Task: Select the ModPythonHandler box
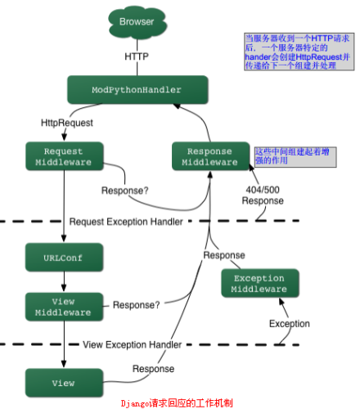click(x=136, y=89)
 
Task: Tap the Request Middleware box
click(x=64, y=156)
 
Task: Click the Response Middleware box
click(x=210, y=156)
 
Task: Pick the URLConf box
click(x=64, y=258)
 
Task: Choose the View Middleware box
click(x=64, y=305)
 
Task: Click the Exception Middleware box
click(x=259, y=284)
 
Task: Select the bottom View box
click(x=64, y=382)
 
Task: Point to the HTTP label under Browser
click(x=137, y=57)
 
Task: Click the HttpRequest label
click(x=67, y=123)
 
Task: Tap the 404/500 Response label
click(x=263, y=195)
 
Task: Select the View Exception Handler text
click(x=132, y=345)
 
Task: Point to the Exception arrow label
click(x=290, y=324)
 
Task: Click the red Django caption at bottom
click(x=177, y=403)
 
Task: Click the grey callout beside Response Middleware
click(x=294, y=156)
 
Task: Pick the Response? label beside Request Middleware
click(x=125, y=191)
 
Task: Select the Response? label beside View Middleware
click(x=136, y=305)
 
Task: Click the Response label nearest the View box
click(x=152, y=369)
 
